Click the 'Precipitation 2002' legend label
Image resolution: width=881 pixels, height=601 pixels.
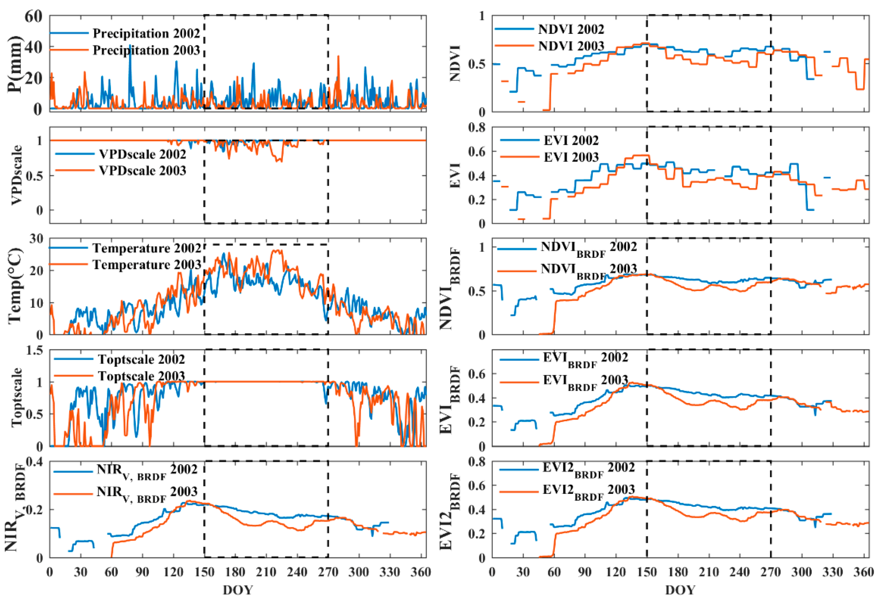click(146, 33)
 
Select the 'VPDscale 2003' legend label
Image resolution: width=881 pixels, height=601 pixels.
click(142, 171)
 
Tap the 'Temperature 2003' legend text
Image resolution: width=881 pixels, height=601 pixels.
click(147, 264)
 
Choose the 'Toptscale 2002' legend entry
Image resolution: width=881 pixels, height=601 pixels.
click(141, 359)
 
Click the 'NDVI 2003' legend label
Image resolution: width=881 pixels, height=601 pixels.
click(571, 46)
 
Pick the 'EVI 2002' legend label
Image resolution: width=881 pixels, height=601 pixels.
click(571, 140)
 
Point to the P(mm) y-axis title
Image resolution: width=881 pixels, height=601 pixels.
click(15, 63)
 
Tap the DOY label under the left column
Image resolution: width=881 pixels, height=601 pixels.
click(238, 590)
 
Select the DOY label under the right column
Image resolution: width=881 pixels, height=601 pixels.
click(680, 590)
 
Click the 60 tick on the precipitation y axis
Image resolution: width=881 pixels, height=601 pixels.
click(33, 16)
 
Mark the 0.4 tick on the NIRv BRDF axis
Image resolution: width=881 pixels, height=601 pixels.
click(35, 462)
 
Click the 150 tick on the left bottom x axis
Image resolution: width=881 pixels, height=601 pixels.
click(204, 572)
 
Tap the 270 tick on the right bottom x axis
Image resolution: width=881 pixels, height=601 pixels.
click(771, 572)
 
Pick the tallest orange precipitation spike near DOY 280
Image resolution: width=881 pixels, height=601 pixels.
click(338, 57)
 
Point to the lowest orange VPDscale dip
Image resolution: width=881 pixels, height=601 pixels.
click(279, 161)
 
